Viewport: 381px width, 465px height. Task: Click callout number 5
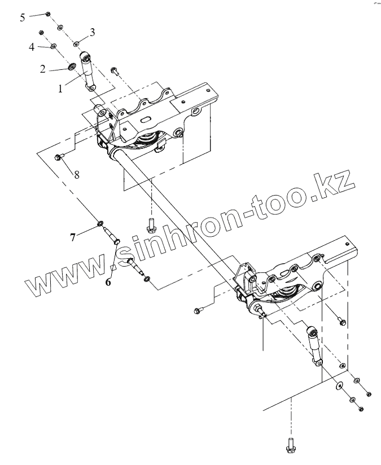23,17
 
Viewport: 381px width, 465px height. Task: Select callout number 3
92,32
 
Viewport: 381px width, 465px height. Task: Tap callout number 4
32,46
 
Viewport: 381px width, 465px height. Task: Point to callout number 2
42,69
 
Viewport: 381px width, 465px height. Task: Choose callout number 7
73,237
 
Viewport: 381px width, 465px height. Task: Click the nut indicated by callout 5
49,14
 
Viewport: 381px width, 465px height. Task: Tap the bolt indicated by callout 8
59,157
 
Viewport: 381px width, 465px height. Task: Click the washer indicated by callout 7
101,225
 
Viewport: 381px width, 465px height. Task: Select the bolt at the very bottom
291,445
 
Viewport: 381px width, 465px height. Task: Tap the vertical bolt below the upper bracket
151,225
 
